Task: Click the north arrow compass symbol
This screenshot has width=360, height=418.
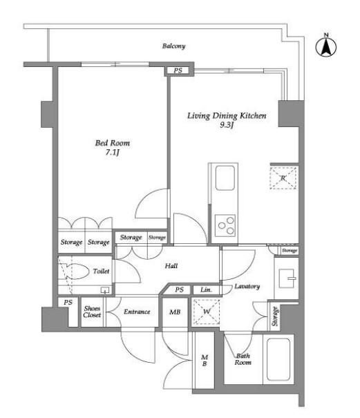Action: pyautogui.click(x=326, y=46)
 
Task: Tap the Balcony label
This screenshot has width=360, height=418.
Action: pyautogui.click(x=173, y=46)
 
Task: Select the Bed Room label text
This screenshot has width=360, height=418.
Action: pyautogui.click(x=113, y=143)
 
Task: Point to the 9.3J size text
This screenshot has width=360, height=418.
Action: pyautogui.click(x=227, y=125)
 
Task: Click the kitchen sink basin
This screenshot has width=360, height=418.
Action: pyautogui.click(x=225, y=178)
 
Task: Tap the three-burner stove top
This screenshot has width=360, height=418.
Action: pyautogui.click(x=225, y=225)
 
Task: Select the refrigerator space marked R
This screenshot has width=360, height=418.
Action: pyautogui.click(x=283, y=178)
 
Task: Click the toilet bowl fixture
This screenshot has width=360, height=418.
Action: pyautogui.click(x=76, y=272)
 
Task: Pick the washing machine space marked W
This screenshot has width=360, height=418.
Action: pyautogui.click(x=207, y=312)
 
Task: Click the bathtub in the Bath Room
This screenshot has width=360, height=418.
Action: pyautogui.click(x=278, y=359)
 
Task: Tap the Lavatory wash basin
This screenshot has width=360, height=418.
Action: pyautogui.click(x=287, y=278)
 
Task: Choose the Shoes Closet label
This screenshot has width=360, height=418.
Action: pyautogui.click(x=92, y=312)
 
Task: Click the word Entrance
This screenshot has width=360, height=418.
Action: pyautogui.click(x=137, y=312)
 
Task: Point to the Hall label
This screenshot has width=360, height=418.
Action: pyautogui.click(x=171, y=266)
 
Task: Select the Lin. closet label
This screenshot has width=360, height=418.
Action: pyautogui.click(x=206, y=289)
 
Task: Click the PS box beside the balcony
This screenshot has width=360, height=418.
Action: pyautogui.click(x=178, y=70)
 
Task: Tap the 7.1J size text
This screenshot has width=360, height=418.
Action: pyautogui.click(x=112, y=153)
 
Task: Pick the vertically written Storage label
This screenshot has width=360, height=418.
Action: pyautogui.click(x=275, y=316)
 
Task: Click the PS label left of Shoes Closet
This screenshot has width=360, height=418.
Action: pyautogui.click(x=68, y=303)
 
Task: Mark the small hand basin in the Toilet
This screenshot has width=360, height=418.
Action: pyautogui.click(x=105, y=290)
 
